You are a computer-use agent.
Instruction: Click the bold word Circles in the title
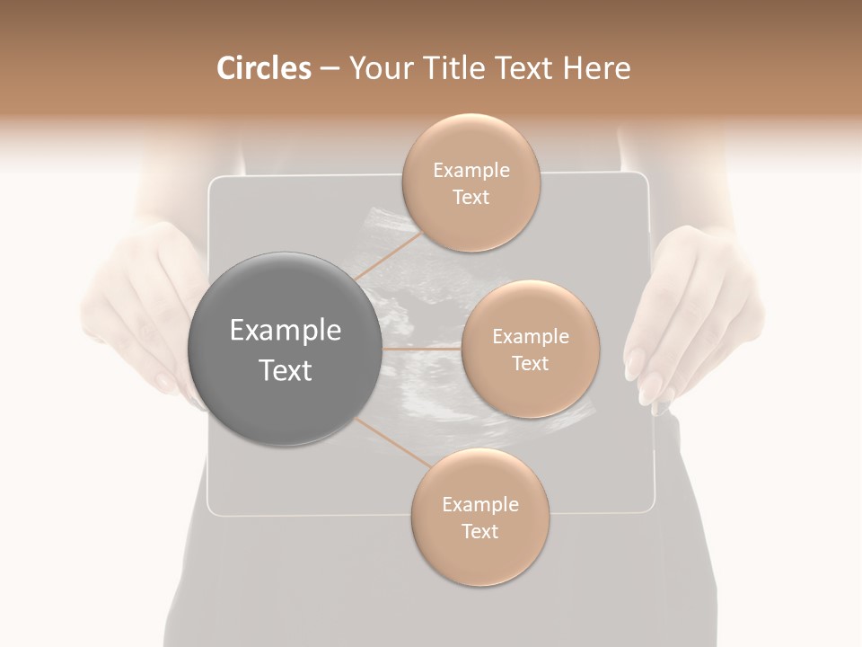263,68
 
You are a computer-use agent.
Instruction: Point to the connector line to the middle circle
422,348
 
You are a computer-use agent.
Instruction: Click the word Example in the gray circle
286,331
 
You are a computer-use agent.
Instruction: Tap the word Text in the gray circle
286,370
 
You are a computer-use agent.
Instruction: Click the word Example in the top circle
471,171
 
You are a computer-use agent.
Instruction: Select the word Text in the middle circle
530,363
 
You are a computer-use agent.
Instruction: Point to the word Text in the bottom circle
479,531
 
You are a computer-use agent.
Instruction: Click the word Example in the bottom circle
480,504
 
